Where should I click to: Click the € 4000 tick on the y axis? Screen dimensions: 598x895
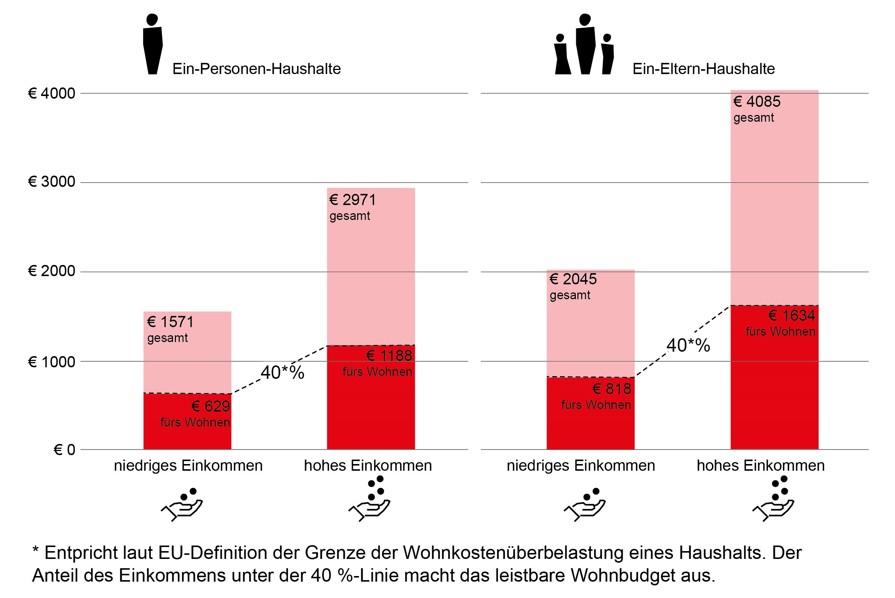51,93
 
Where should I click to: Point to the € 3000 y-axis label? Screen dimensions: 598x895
51,182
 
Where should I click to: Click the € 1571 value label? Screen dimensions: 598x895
170,322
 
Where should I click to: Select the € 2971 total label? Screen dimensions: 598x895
353,200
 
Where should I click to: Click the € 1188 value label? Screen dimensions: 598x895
389,356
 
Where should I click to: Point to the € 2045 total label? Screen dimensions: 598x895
573,279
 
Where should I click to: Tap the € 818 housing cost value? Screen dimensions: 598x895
612,389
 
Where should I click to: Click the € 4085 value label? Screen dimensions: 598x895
757,102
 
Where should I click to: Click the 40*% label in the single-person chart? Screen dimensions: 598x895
282,372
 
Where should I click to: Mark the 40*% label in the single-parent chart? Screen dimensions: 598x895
688,346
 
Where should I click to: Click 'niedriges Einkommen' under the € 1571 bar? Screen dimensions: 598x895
188,466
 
